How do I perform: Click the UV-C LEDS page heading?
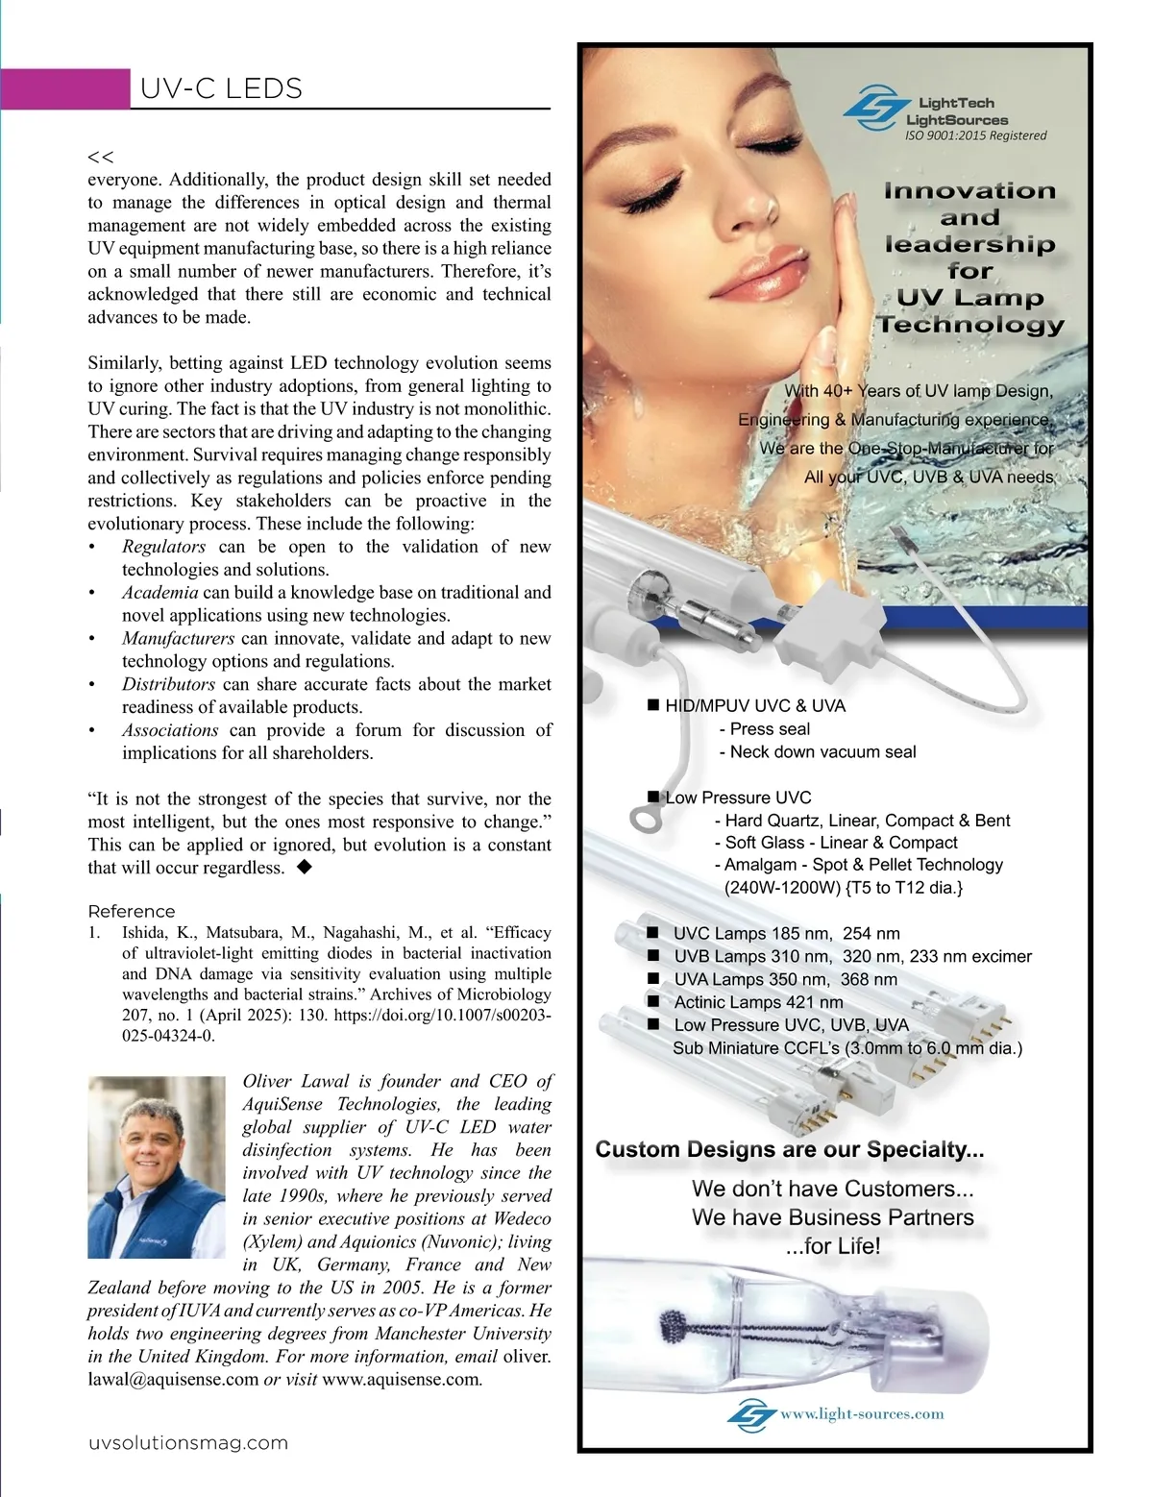221,88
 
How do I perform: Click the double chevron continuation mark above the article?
100,157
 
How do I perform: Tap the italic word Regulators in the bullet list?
163,547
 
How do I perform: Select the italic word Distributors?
168,684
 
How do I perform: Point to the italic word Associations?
170,730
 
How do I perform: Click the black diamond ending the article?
304,867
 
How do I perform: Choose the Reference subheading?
132,911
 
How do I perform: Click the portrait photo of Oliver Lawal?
157,1166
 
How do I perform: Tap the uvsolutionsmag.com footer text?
188,1443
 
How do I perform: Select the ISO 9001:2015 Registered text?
975,135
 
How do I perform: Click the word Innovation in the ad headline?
969,191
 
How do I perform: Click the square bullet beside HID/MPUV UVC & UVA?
654,706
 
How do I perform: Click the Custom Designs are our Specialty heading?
790,1149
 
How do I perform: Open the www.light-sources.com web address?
861,1413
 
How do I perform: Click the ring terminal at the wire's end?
643,818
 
